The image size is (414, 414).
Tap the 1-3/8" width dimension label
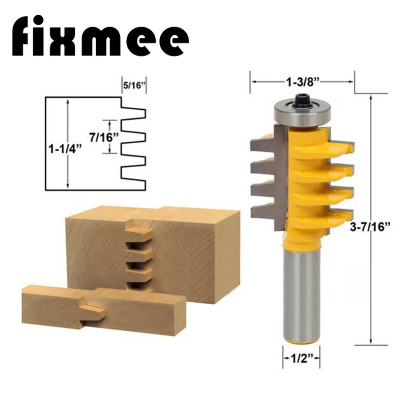[302, 82]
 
